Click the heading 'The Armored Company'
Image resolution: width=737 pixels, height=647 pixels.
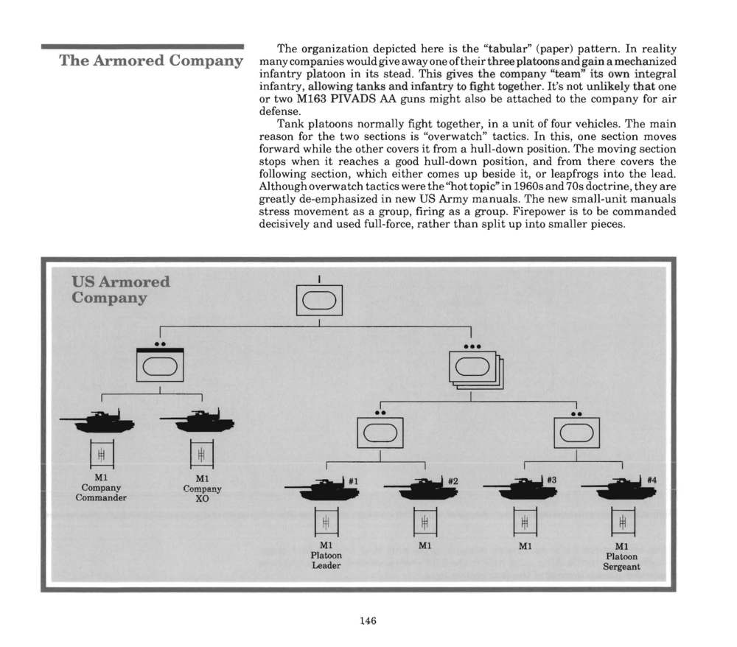click(151, 60)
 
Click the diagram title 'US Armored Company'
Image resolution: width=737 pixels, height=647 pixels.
click(121, 290)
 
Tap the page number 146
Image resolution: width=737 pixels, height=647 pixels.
click(368, 620)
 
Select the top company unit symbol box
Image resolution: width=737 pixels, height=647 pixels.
click(319, 300)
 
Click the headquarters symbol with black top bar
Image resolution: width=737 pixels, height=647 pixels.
click(160, 365)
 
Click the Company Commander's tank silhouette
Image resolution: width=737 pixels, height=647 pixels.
click(98, 421)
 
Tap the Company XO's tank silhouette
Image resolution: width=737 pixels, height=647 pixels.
click(198, 421)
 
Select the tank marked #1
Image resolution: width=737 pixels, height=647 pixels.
click(323, 489)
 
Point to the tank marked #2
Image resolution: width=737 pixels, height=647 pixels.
click(421, 489)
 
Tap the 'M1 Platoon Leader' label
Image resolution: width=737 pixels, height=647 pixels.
click(326, 556)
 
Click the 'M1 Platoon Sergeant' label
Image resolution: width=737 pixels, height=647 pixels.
click(621, 556)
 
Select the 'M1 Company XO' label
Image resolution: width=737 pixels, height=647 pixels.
click(202, 488)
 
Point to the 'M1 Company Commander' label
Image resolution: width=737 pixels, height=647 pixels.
click(101, 487)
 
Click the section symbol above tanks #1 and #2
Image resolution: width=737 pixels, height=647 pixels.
click(380, 433)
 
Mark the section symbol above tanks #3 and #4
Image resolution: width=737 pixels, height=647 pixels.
click(577, 433)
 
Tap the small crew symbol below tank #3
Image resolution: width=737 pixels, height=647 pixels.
click(525, 522)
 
